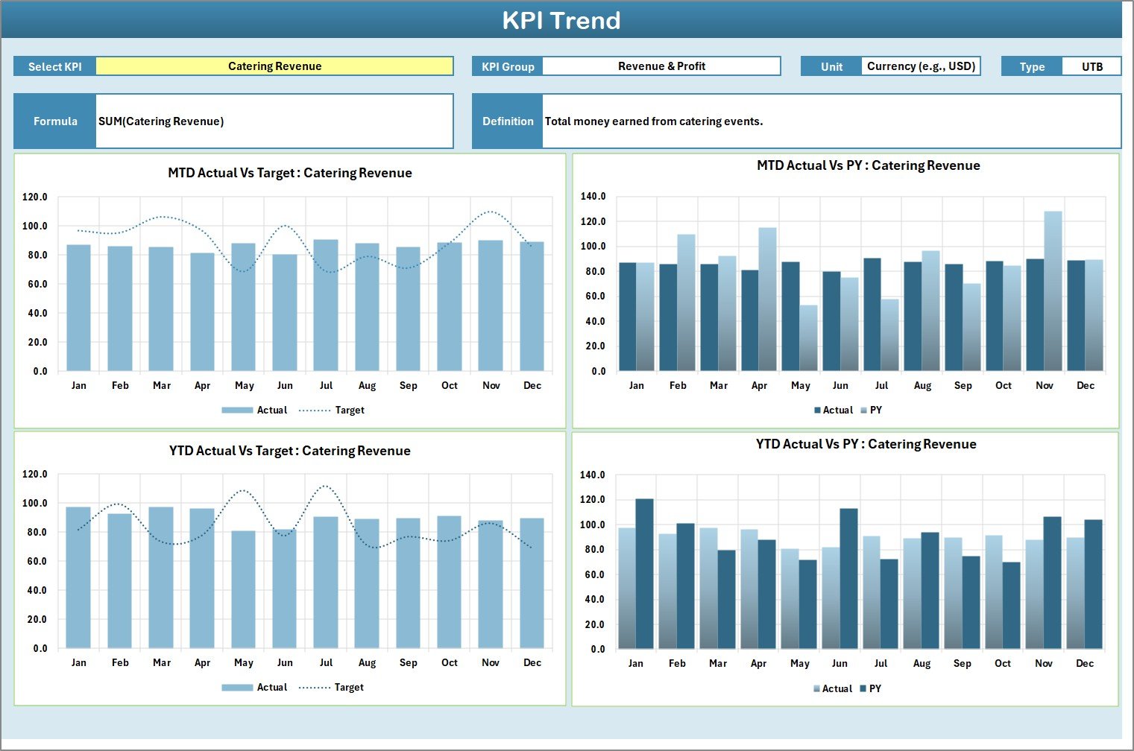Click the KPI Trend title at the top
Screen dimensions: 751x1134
coord(561,20)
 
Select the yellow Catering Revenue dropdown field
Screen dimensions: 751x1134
coord(274,66)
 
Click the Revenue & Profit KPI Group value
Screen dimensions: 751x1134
coord(661,66)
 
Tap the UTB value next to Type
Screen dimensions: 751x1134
coord(1092,67)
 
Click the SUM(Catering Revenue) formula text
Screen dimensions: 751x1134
coord(161,121)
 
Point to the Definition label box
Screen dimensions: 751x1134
coord(508,121)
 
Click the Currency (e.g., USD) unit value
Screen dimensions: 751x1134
coord(921,66)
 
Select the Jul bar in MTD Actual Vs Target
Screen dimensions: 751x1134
coord(326,305)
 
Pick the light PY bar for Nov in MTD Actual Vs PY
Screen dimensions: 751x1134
coord(1053,291)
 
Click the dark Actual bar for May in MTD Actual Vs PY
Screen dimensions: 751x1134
coord(790,317)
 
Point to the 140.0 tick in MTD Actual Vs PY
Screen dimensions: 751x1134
coord(593,197)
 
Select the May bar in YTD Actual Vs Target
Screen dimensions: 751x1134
coord(243,589)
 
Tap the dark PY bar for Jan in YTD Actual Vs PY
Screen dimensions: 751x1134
coord(644,574)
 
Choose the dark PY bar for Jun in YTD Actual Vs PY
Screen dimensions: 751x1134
coord(848,579)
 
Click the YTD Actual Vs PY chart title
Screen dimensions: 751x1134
coord(866,445)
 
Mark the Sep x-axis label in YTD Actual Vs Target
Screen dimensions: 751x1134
coord(408,663)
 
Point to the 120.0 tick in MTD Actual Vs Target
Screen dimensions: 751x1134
coord(35,197)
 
